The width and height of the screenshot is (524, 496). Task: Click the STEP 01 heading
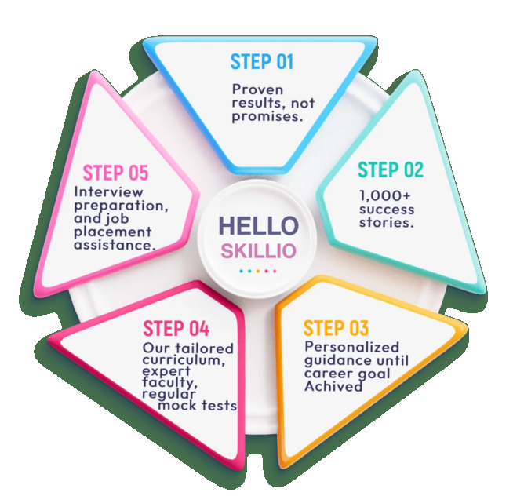click(x=262, y=61)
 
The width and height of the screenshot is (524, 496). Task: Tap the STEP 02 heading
click(x=390, y=170)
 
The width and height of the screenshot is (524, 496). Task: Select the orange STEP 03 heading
click(x=336, y=328)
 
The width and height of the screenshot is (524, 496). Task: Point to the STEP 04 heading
click(x=175, y=328)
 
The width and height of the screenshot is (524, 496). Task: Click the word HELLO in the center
click(x=258, y=226)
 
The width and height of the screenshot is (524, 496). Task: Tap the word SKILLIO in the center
click(x=258, y=251)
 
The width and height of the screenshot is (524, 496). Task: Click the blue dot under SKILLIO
click(x=241, y=271)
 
